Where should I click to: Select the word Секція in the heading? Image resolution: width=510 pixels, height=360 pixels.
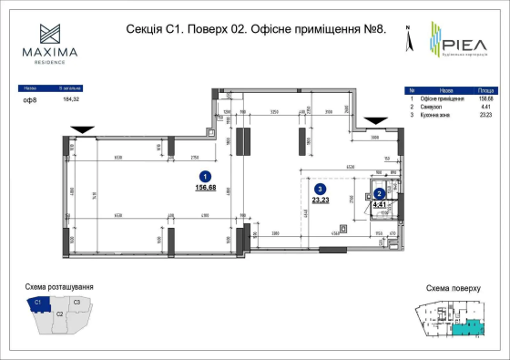pyautogui.click(x=143, y=29)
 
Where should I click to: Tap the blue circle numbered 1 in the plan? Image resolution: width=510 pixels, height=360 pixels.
pyautogui.click(x=206, y=177)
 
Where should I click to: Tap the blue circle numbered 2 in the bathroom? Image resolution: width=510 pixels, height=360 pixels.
pyautogui.click(x=379, y=193)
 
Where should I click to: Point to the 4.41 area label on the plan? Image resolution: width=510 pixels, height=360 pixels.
pyautogui.click(x=380, y=205)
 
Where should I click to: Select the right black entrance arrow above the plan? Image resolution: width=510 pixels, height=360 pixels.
pyautogui.click(x=374, y=120)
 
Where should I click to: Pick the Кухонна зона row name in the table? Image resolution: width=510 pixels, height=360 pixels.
pyautogui.click(x=438, y=115)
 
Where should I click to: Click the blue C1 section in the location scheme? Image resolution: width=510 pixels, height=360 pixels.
pyautogui.click(x=39, y=303)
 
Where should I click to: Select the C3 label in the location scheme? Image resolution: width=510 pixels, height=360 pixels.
pyautogui.click(x=77, y=302)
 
